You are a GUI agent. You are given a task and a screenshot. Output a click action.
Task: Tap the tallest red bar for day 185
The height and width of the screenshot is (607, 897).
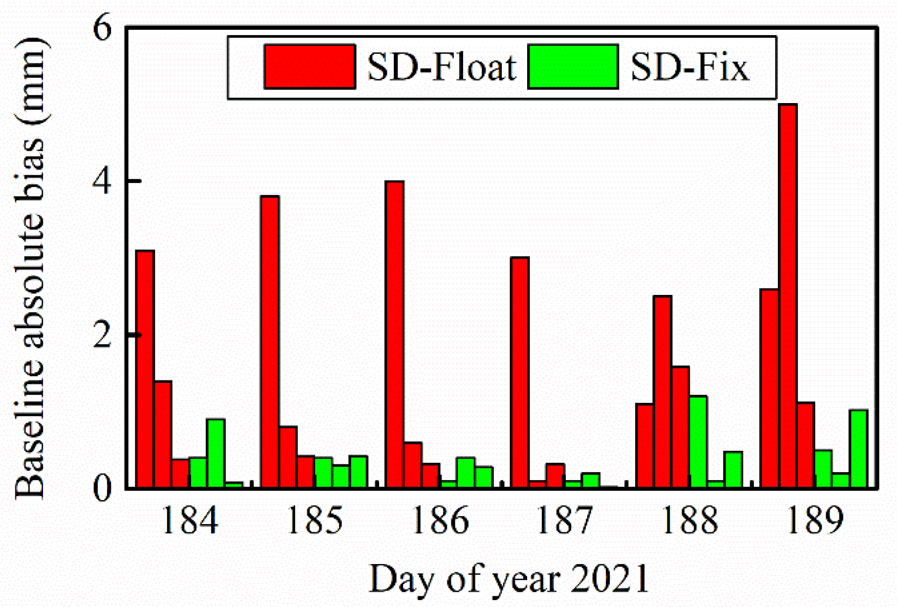tap(270, 342)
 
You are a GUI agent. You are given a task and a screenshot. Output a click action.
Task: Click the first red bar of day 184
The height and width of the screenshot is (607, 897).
tap(145, 369)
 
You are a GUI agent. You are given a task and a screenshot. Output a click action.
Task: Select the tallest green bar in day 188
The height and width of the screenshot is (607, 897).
tap(698, 441)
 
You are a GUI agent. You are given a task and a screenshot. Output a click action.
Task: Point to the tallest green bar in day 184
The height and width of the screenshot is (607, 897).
tap(215, 453)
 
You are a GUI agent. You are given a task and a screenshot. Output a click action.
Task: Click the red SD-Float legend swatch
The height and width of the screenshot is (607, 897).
tap(309, 66)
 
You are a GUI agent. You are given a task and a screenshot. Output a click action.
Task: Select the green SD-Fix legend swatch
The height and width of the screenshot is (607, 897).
tap(573, 66)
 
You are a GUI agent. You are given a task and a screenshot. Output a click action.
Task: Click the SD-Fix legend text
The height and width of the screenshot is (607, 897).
tap(689, 67)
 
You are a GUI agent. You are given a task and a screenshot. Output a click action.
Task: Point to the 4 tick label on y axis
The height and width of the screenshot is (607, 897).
tap(103, 182)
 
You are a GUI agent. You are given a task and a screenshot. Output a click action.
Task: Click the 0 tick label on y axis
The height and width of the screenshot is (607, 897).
tap(103, 488)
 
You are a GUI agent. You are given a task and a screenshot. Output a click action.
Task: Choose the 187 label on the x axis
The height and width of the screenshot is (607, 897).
tap(564, 521)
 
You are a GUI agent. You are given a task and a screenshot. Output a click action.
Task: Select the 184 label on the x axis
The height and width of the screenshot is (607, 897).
tap(189, 521)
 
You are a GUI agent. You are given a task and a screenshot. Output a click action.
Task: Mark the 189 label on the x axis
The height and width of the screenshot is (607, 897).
tap(814, 521)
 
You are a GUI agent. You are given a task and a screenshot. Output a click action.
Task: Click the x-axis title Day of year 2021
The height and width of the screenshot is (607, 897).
tap(509, 579)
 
